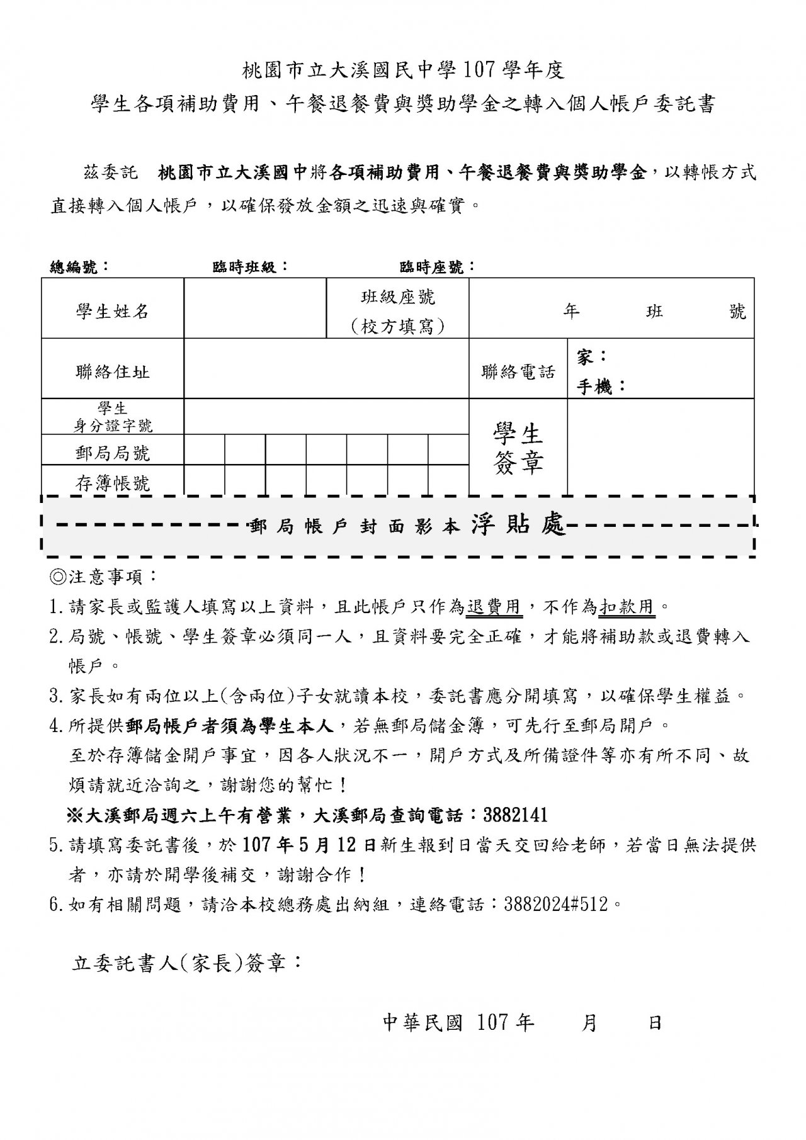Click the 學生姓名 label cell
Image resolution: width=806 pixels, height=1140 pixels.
(112, 311)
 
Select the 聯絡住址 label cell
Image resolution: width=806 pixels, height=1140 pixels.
(112, 371)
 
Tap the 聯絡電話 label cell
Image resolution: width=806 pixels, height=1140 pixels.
(518, 371)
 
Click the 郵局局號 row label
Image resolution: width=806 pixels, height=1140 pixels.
(112, 453)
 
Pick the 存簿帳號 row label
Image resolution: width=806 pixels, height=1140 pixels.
(112, 483)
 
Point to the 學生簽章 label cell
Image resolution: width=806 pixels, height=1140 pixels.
(518, 448)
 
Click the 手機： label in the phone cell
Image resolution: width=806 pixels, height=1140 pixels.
(601, 387)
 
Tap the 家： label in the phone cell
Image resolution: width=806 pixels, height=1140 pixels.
(592, 357)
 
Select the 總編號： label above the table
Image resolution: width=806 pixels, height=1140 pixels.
(79, 267)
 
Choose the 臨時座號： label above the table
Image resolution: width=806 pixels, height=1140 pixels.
(438, 267)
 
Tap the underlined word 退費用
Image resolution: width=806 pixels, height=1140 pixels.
(494, 607)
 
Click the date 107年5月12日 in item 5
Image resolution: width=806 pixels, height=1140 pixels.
(309, 845)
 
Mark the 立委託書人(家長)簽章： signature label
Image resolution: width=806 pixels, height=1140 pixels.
(187, 964)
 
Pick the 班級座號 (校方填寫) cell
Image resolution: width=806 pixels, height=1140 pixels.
(397, 311)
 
